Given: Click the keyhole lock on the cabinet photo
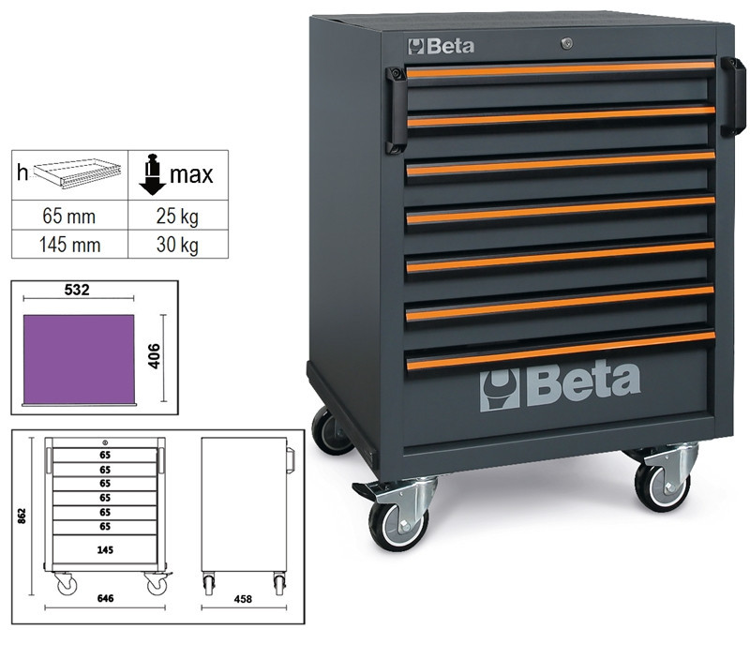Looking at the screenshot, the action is tap(566, 44).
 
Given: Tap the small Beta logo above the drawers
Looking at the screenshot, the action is tap(441, 46).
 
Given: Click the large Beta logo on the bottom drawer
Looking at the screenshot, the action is tap(560, 385).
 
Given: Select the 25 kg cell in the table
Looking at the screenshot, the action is tap(177, 217).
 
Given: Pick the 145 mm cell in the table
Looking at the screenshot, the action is tap(69, 245).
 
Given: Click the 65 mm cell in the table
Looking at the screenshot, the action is tap(69, 217).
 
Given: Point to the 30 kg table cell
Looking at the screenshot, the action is tap(177, 245).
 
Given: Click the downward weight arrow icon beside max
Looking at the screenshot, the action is tap(152, 174).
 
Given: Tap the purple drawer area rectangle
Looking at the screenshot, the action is tap(79, 359).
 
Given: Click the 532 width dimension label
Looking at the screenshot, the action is tap(77, 290).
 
